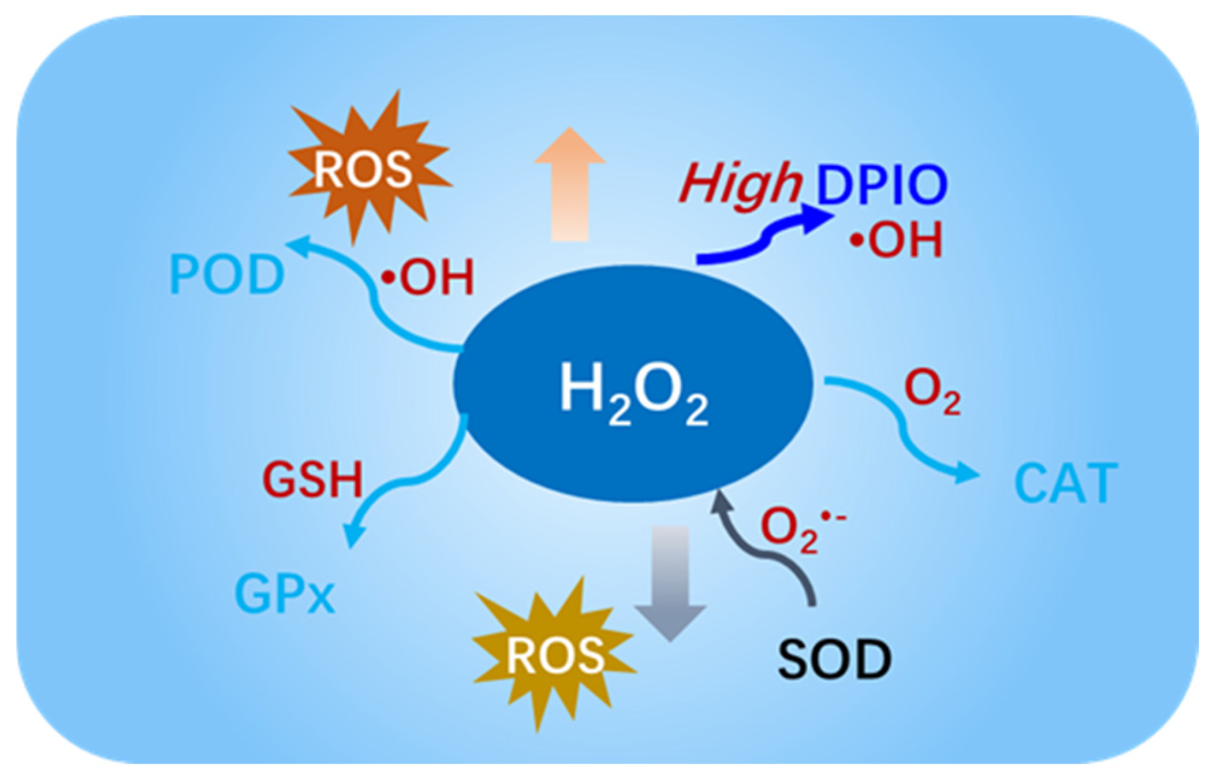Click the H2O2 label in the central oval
point(634,392)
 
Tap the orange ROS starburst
point(363,169)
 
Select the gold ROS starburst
point(554,655)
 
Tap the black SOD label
point(834,659)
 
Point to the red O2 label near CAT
point(931,392)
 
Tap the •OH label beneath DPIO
point(896,240)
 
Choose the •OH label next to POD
point(428,277)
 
